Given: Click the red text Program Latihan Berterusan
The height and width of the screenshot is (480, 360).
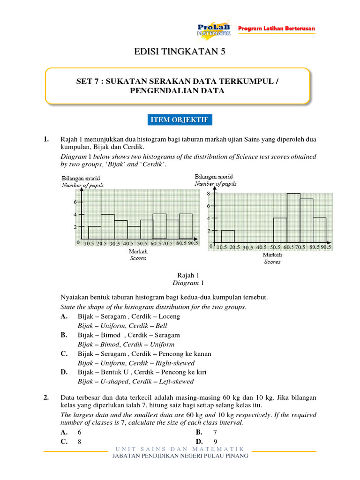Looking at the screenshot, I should tap(277, 29).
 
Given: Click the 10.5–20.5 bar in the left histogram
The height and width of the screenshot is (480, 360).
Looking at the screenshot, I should tap(95, 232).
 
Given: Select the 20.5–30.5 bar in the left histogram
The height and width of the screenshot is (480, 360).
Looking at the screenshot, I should tap(108, 226).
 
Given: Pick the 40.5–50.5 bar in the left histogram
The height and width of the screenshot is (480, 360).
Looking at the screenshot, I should tap(134, 232).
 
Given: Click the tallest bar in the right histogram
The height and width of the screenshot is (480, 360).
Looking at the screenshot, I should tap(293, 217).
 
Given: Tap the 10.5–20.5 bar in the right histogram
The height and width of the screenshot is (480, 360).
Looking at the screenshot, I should tap(228, 236).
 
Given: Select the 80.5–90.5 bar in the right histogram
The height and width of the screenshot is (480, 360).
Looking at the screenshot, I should tap(319, 230).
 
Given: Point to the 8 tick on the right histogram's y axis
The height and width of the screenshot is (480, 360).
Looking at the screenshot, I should tap(209, 193).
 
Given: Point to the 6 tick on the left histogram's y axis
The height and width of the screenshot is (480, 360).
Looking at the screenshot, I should tap(75, 202).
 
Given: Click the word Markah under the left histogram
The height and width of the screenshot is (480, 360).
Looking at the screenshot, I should tap(138, 252).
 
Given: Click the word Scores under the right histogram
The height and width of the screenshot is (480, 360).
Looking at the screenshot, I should tap(272, 262).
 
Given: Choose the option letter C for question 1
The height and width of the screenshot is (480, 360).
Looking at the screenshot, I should tap(64, 354).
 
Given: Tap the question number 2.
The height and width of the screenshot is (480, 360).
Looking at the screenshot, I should tap(46, 398).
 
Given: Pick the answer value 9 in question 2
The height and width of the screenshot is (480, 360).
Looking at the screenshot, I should tap(215, 442).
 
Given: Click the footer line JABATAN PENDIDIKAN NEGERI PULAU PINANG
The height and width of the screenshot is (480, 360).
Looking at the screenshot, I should tap(180, 456).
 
